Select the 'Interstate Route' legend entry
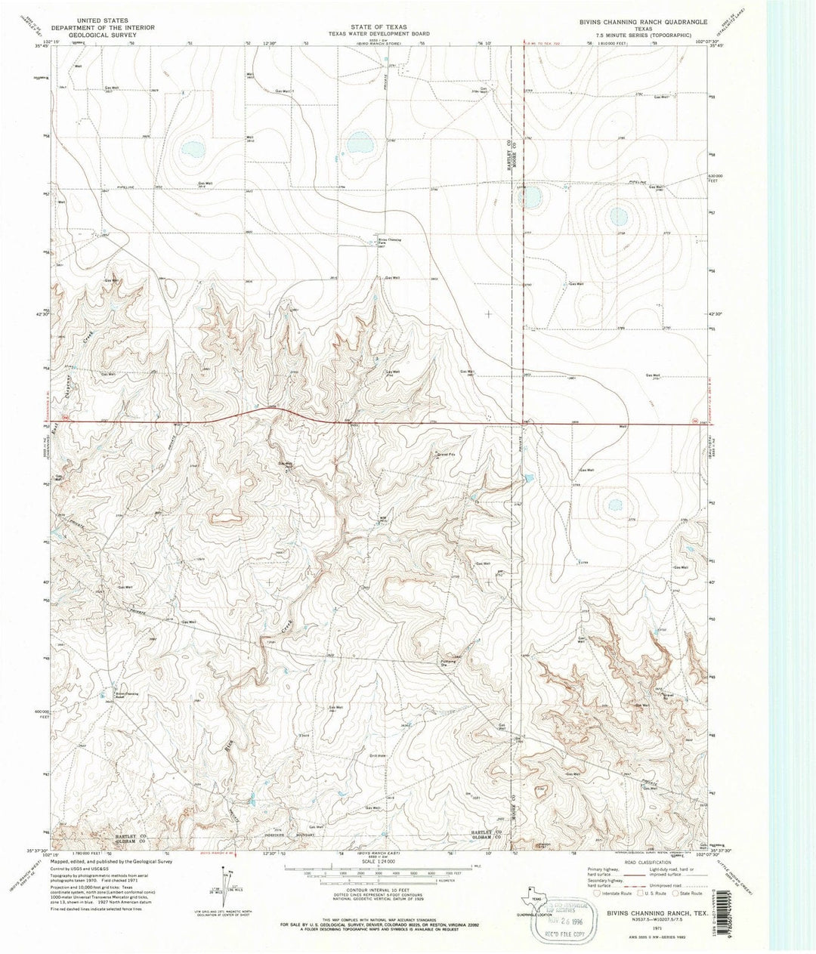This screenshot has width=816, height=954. point(613,893)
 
